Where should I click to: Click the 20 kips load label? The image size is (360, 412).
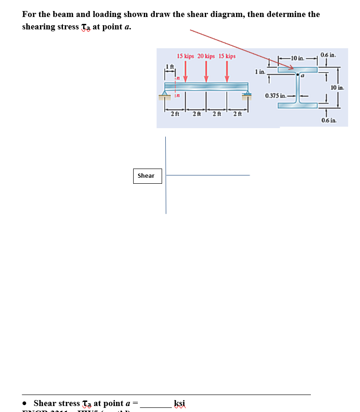pyautogui.click(x=207, y=56)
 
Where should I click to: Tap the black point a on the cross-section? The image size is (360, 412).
pyautogui.click(x=298, y=74)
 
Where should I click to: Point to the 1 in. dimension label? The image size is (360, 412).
pyautogui.click(x=259, y=72)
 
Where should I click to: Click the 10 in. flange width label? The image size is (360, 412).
pyautogui.click(x=298, y=58)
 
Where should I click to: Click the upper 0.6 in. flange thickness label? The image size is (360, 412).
pyautogui.click(x=328, y=55)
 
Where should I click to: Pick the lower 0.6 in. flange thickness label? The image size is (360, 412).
pyautogui.click(x=328, y=120)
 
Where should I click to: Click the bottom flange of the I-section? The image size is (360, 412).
pyautogui.click(x=298, y=105)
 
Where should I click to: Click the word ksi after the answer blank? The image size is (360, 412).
pyautogui.click(x=180, y=403)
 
